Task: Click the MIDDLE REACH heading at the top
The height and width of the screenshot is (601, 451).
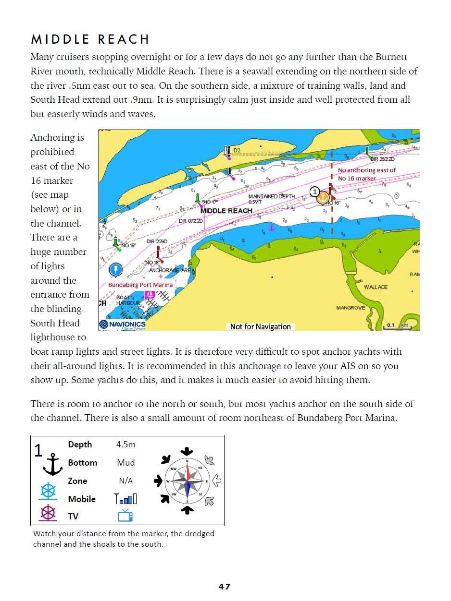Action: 90,39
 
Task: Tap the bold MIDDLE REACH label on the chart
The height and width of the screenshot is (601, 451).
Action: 226,211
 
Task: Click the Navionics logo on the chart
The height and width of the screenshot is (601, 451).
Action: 122,325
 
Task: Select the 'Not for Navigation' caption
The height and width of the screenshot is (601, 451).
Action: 261,326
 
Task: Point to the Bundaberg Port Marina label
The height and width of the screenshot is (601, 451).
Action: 140,285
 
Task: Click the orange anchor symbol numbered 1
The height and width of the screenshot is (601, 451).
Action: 324,198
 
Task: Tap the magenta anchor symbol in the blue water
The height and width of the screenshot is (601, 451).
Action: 271,227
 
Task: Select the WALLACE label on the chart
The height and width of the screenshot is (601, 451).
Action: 376,287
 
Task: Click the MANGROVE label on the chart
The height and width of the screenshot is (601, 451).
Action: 351,308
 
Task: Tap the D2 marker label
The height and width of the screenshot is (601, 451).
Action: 237,151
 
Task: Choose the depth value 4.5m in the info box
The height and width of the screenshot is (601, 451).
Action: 125,445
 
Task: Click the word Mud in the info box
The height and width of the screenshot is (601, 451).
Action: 125,463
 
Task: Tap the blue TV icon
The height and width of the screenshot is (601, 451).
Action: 125,516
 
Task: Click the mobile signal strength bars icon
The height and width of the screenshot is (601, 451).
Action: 125,499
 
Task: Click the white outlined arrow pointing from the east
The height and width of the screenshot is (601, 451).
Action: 216,480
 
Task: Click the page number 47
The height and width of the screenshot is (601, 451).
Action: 225,587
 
